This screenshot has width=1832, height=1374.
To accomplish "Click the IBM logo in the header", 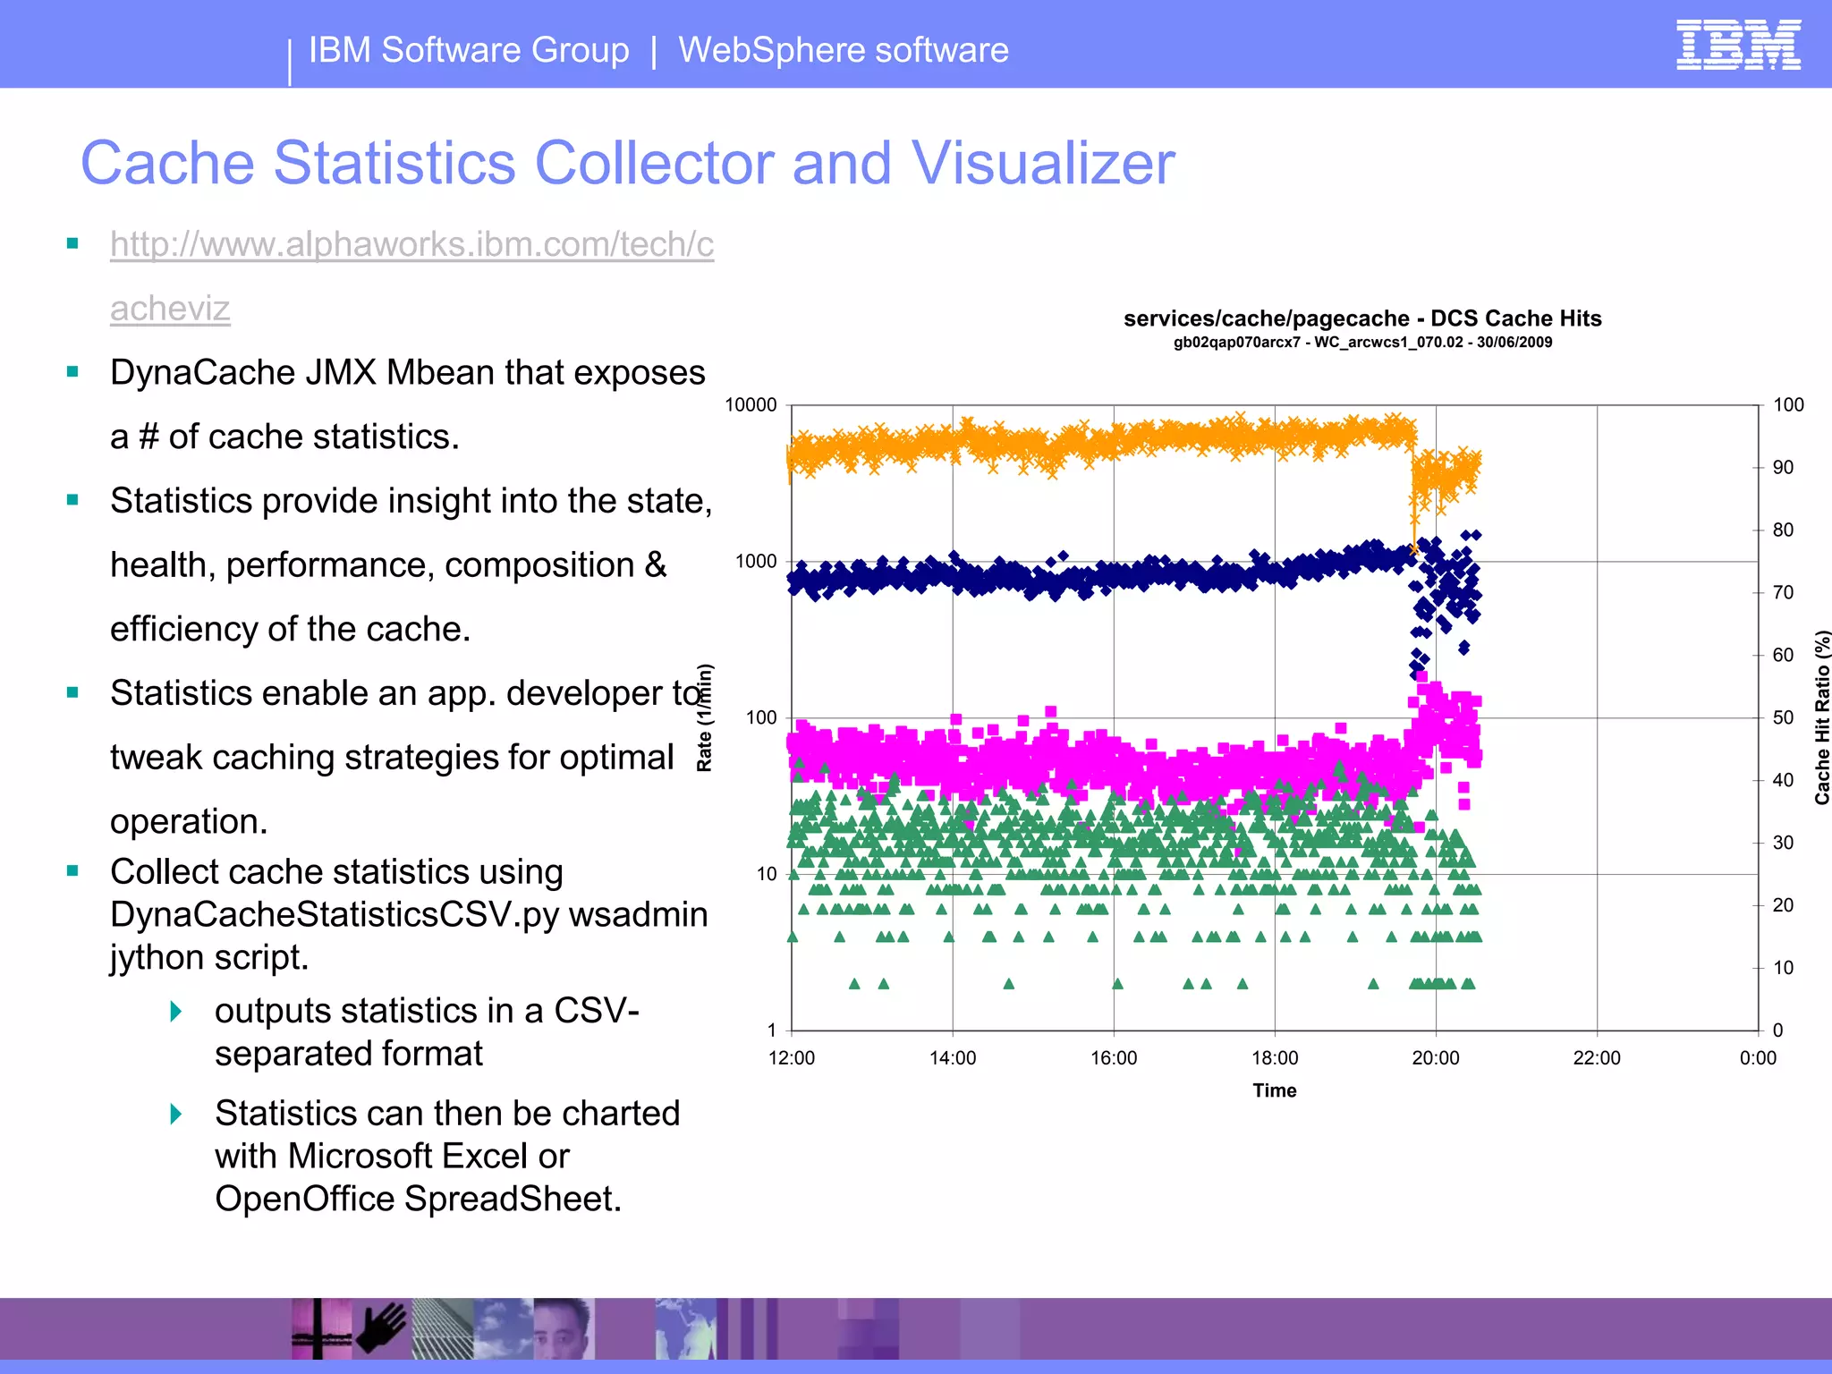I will tap(1738, 45).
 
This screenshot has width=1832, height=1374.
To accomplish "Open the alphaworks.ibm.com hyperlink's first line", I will tap(411, 244).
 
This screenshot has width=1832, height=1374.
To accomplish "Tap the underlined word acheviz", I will tap(170, 309).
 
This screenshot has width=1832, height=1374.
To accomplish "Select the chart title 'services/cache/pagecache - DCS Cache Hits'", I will tap(1362, 318).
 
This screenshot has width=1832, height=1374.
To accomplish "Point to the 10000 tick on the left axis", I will tap(751, 405).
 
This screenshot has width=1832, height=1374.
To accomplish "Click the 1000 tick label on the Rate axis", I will tap(756, 562).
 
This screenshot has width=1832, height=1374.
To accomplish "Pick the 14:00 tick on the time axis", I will tap(953, 1058).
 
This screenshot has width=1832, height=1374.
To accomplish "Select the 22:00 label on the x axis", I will tap(1597, 1058).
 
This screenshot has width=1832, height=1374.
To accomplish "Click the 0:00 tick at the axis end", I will tap(1758, 1058).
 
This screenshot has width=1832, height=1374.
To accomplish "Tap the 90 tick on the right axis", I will tap(1783, 468).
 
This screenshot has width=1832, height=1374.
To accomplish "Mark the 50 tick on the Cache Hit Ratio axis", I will tap(1783, 717).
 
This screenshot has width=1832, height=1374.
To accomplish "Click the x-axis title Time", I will tap(1274, 1090).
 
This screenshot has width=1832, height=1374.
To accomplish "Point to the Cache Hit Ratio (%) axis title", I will tap(1821, 717).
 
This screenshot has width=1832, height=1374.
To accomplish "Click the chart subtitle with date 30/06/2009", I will tap(1362, 343).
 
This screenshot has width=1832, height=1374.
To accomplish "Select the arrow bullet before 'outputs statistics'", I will tap(176, 1012).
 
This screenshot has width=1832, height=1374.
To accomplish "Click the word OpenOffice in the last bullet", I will tap(305, 1200).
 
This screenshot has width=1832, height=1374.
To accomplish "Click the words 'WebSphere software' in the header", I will tap(843, 50).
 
